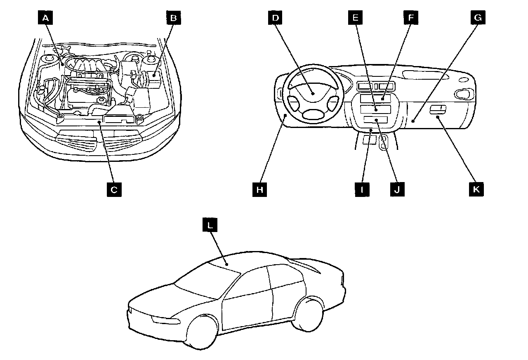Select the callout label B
(174, 18)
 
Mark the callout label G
(478, 18)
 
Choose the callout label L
(210, 226)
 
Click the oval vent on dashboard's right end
(463, 94)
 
